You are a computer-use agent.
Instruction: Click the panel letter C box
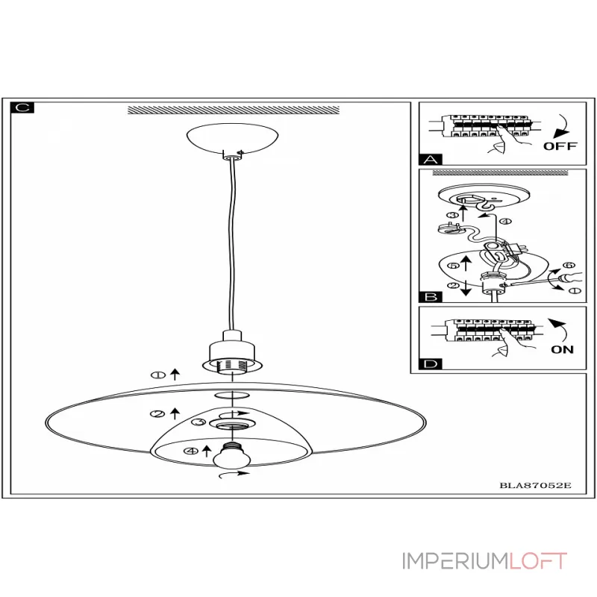coord(22,108)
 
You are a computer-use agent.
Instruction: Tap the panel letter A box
coord(430,159)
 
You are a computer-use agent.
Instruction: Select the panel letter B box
coord(430,296)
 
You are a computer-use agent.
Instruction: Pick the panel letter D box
coord(430,364)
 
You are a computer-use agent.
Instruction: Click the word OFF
coord(560,146)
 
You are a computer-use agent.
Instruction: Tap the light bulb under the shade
coord(231,456)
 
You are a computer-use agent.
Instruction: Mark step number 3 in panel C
coord(199,422)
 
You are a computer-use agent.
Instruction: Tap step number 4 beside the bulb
coord(191,451)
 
